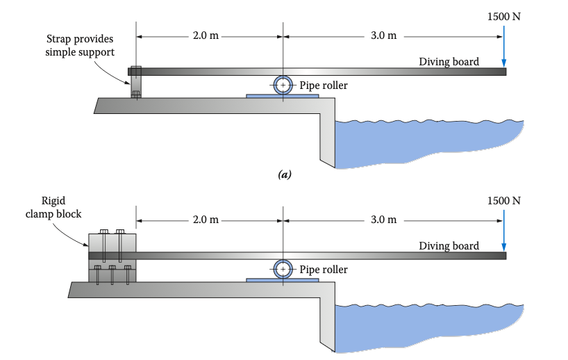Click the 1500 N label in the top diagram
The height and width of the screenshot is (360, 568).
(x=504, y=16)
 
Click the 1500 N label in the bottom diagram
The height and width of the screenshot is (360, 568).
(x=504, y=200)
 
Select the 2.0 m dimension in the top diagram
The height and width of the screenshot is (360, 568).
(x=206, y=35)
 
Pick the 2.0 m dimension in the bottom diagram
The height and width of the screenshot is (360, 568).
(x=206, y=220)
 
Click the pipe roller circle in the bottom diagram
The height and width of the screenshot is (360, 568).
(x=283, y=269)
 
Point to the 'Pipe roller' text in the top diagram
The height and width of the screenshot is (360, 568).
(x=324, y=85)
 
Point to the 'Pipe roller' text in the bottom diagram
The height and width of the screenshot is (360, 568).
(x=324, y=270)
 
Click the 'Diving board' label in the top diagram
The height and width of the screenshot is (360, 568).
(x=449, y=62)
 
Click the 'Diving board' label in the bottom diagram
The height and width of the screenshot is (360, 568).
(x=449, y=246)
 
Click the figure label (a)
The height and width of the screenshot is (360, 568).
(x=283, y=176)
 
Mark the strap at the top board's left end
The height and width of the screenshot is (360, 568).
(x=135, y=82)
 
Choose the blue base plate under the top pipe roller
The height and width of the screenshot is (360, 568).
(x=283, y=95)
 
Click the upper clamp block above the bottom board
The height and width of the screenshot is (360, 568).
(x=112, y=240)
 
